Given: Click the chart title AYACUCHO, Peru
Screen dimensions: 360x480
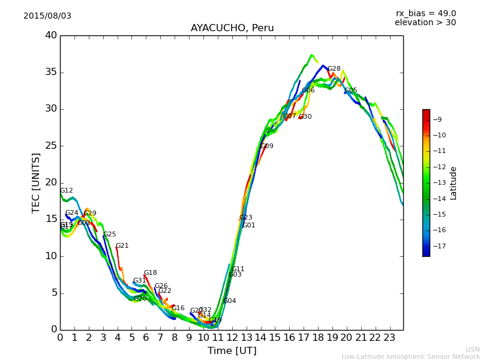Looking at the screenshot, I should (x=232, y=28).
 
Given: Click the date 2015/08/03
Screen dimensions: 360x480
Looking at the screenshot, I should (x=47, y=16).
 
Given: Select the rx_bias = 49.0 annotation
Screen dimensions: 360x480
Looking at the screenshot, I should (x=425, y=13).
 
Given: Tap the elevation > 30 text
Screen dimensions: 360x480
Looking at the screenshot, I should (x=425, y=23).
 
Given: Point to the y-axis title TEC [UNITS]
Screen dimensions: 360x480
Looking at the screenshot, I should (x=36, y=182).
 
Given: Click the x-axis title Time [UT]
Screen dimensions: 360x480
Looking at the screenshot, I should (x=232, y=351).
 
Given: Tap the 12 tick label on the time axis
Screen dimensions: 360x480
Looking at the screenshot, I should (x=232, y=337).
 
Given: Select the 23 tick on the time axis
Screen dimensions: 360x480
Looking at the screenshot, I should (x=389, y=337).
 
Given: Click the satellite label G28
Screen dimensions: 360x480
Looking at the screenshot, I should (x=334, y=69).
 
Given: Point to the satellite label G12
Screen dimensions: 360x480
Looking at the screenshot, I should (x=66, y=191).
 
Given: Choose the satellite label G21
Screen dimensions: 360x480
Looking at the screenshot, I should (x=122, y=246).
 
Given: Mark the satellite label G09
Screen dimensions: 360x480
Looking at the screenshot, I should (x=267, y=146).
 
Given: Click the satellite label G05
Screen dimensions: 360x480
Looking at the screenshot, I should (x=351, y=91).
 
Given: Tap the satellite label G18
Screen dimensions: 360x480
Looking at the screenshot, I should (x=150, y=273).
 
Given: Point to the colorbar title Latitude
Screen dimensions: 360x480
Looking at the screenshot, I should (x=454, y=183).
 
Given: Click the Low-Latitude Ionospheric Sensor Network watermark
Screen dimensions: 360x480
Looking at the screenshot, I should (x=410, y=357).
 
